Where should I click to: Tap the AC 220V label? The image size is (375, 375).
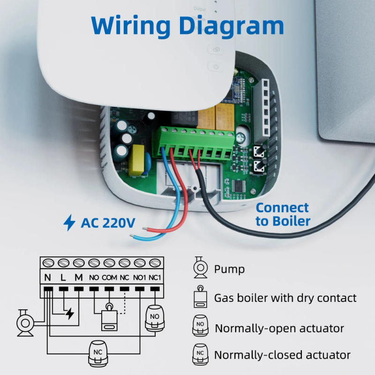point(107,222)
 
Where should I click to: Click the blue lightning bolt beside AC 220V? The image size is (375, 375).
point(69,223)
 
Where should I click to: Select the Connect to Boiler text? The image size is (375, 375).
point(282,214)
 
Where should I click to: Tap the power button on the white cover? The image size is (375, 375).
point(216,67)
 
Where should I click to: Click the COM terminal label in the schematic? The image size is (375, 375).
point(109,277)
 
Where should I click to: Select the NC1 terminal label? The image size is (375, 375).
point(155,277)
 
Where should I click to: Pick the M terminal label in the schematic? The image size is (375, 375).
point(79,277)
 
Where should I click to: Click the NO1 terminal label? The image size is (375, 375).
point(140,277)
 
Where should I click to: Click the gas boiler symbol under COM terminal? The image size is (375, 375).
point(110,319)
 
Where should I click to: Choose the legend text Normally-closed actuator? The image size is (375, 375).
point(282,355)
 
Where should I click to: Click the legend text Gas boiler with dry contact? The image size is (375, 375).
point(285,298)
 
